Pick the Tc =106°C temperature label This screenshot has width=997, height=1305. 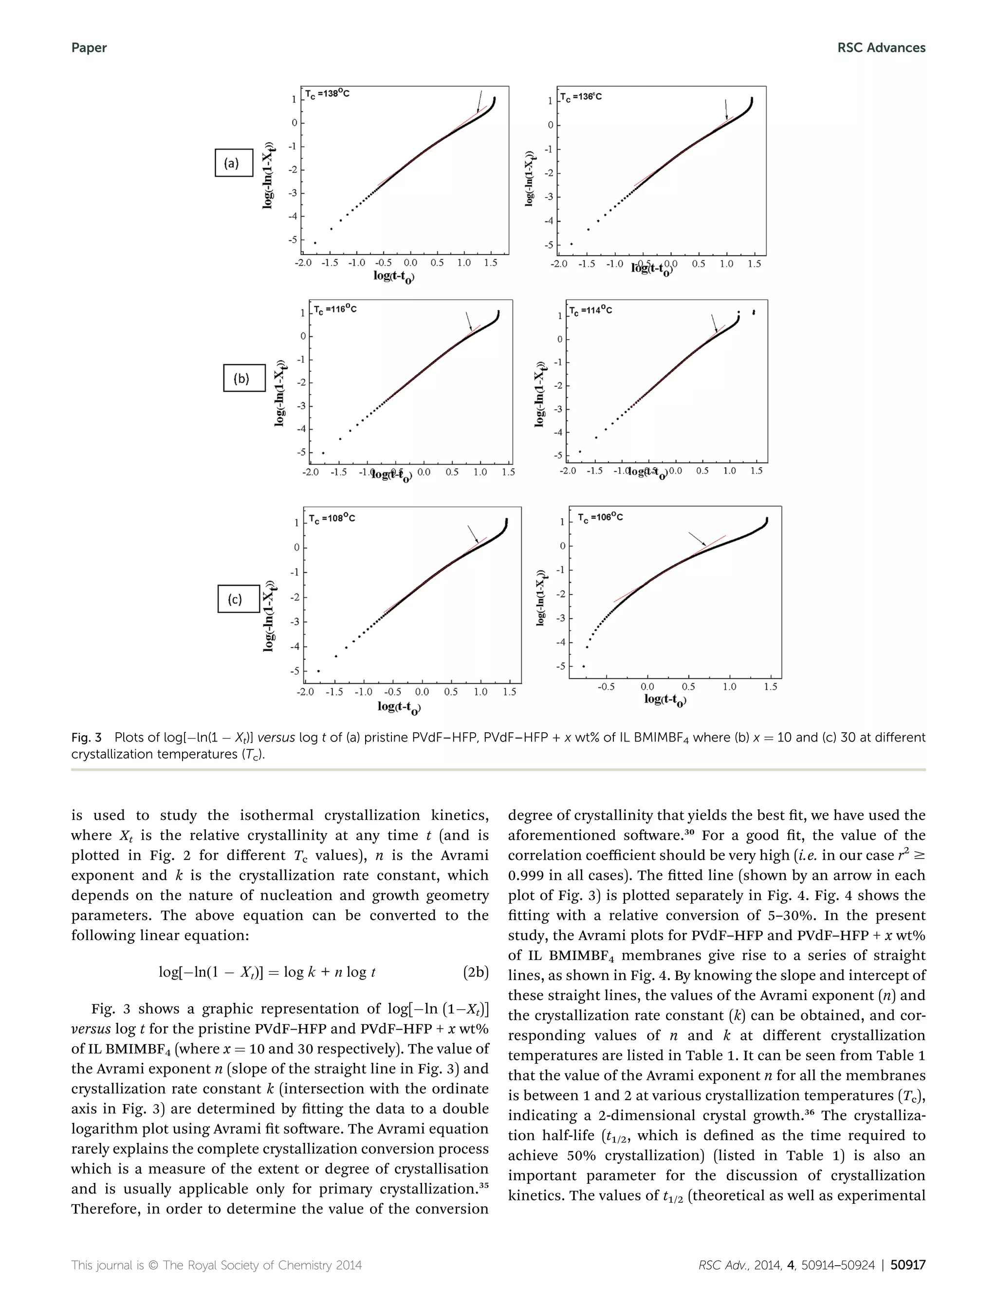point(601,517)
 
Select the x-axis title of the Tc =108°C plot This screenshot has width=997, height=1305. point(399,707)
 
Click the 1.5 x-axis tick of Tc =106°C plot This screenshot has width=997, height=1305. point(770,686)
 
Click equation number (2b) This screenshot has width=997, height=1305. point(475,972)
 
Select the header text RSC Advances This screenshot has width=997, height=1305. point(881,48)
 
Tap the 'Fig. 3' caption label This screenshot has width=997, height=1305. point(87,737)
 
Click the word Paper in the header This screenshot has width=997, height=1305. point(89,48)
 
